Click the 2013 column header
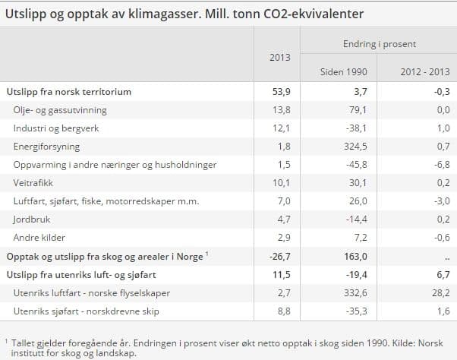click(279, 57)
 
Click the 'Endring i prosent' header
click(379, 44)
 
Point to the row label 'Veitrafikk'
click(33, 183)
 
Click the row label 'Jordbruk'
click(30, 219)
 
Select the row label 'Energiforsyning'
click(46, 147)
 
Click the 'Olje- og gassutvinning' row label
click(60, 110)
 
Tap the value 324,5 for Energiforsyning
click(357, 147)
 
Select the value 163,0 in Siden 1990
click(357, 257)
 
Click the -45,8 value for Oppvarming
click(357, 165)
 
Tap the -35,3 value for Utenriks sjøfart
click(357, 311)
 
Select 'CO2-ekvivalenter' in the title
click(316, 14)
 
